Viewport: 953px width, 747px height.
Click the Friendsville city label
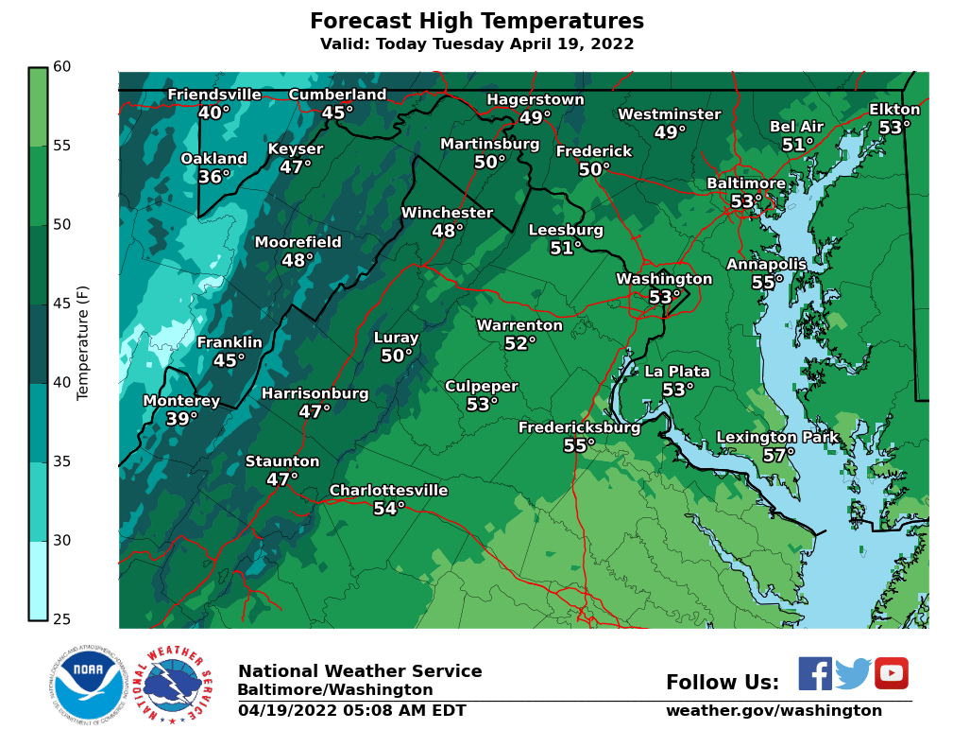click(x=214, y=95)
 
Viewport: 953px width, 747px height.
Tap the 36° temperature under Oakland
click(x=214, y=177)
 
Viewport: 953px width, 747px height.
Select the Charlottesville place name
click(x=388, y=490)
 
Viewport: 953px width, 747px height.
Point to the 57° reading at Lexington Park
click(x=779, y=455)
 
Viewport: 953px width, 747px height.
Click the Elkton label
click(x=894, y=110)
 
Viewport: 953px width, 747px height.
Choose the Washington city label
click(x=664, y=279)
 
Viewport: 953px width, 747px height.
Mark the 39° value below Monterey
click(x=182, y=419)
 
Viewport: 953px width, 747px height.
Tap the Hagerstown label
click(x=536, y=100)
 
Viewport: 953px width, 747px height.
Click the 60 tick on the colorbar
click(x=61, y=67)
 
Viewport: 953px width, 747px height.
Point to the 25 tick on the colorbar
click(x=61, y=619)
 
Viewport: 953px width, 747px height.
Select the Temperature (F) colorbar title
click(x=83, y=342)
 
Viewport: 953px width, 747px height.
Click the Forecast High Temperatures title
click(x=477, y=22)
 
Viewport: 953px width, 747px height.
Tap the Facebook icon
click(x=815, y=673)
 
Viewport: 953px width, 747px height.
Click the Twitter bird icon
click(x=853, y=673)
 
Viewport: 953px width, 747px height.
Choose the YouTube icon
click(x=891, y=673)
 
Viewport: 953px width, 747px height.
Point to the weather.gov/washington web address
click(x=774, y=711)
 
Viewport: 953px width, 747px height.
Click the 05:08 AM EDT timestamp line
click(x=351, y=711)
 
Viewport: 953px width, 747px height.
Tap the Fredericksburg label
click(x=579, y=427)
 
